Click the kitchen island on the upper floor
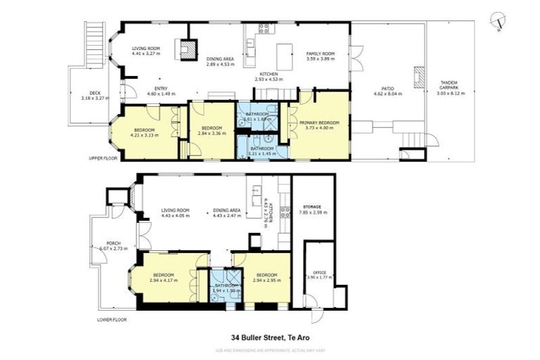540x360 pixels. pos(285,56)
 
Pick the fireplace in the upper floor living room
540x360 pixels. pos(186,49)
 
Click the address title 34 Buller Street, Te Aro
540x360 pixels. pos(269,337)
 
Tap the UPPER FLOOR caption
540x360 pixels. pos(102,159)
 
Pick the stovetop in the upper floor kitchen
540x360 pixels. pos(264,29)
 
